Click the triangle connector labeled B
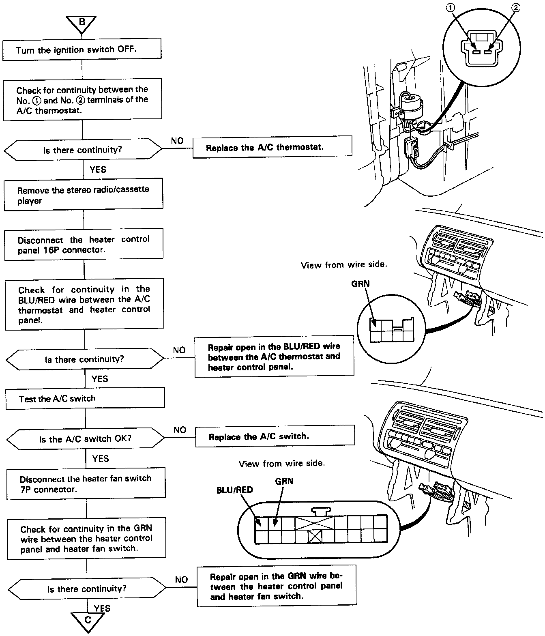82,23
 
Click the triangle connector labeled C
88,620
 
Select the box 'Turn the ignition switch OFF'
82,49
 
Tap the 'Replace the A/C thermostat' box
272,147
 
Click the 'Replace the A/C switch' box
275,436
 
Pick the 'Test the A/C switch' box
85,398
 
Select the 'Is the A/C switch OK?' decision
85,439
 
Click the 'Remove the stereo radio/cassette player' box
83,195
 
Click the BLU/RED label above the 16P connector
234,490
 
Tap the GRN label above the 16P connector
284,481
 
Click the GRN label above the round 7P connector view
360,284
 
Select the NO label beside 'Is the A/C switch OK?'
180,430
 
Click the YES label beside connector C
102,608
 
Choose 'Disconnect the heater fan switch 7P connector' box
86,483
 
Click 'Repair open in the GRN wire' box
277,587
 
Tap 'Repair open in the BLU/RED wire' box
274,357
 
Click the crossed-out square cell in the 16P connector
315,537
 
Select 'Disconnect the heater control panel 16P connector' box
84,245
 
